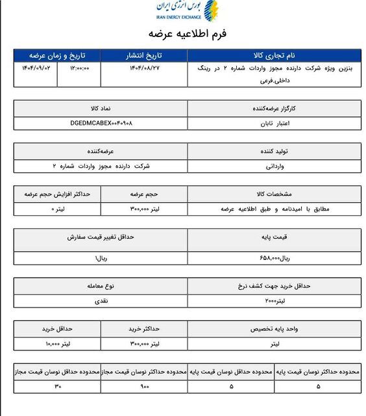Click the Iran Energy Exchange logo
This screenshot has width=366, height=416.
click(x=187, y=12)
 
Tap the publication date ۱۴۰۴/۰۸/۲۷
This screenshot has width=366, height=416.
click(x=143, y=68)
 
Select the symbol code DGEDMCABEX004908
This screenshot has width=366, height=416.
click(x=101, y=122)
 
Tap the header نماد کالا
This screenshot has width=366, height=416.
click(x=101, y=107)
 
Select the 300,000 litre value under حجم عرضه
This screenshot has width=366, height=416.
click(x=145, y=209)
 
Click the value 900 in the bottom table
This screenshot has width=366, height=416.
click(x=144, y=387)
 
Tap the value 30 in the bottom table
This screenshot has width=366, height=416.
click(x=56, y=387)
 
